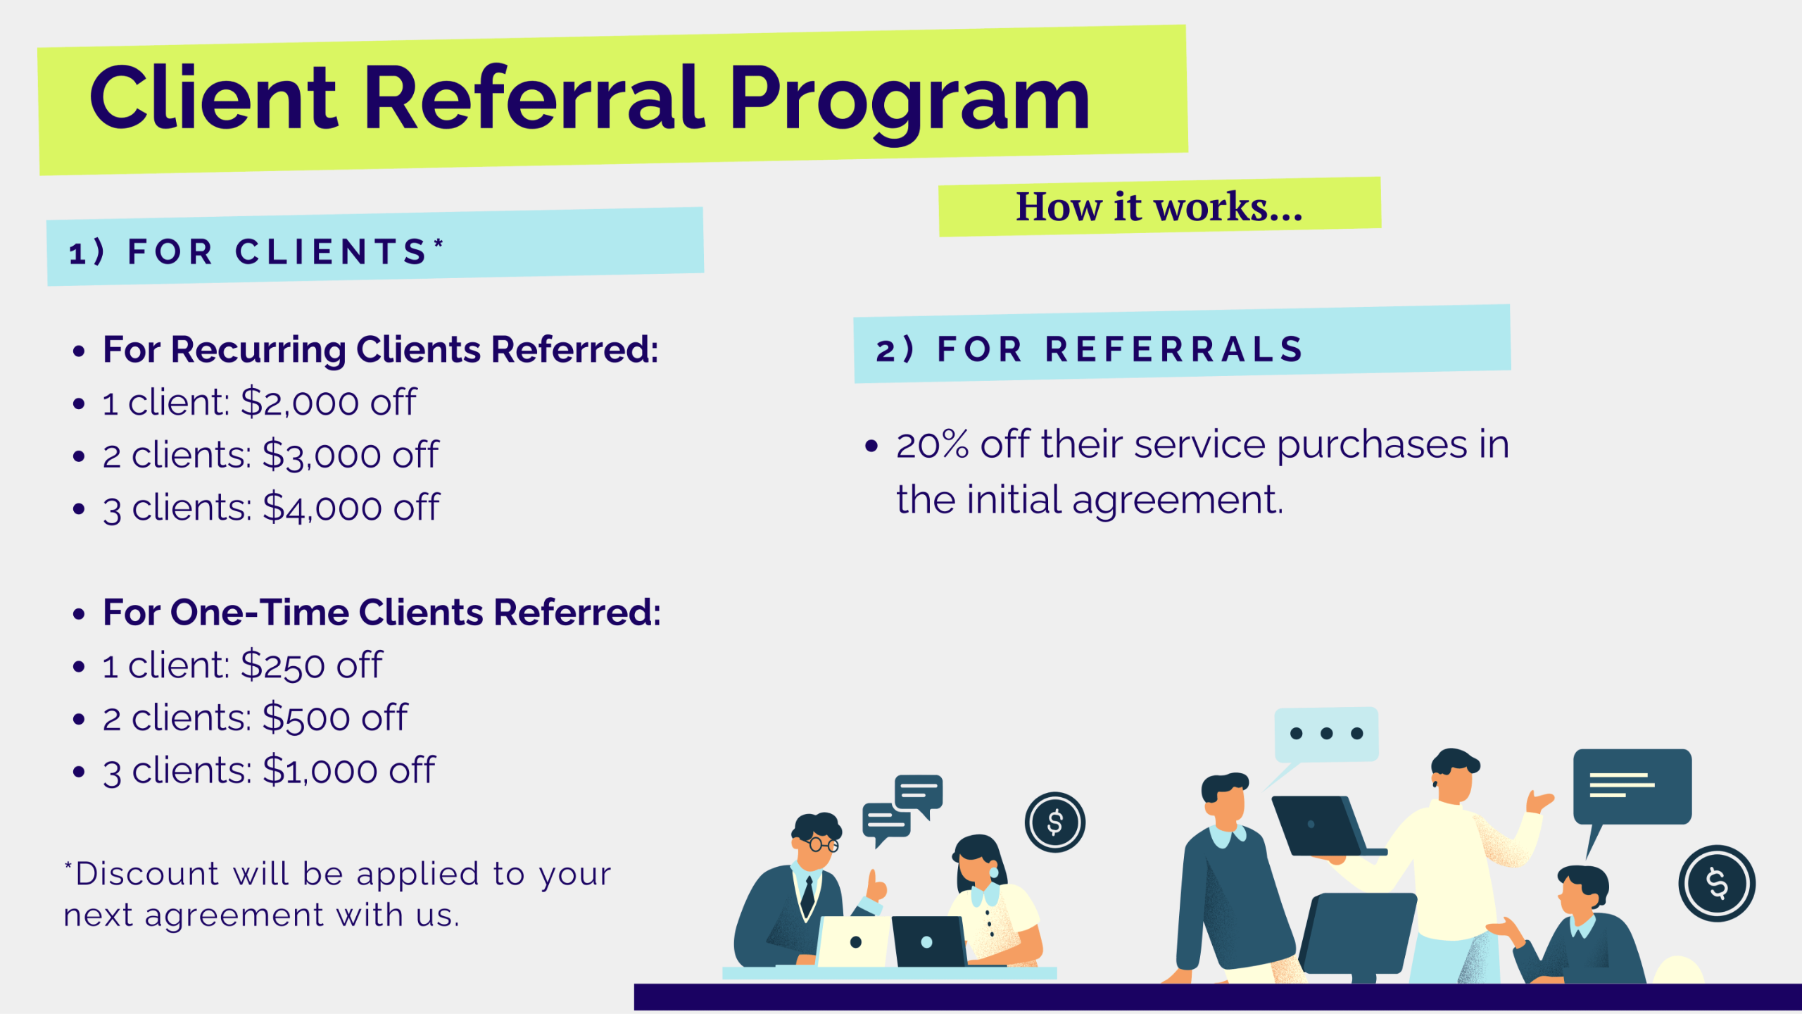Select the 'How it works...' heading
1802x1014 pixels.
(x=1159, y=207)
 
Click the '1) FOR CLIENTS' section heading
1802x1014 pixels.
(x=256, y=251)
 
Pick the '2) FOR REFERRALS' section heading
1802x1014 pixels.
(x=1090, y=349)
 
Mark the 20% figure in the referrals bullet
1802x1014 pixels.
(x=933, y=445)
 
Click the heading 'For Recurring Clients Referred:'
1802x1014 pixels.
(x=381, y=350)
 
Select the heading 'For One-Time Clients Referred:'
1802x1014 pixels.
(x=382, y=612)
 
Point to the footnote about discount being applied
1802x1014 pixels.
(x=338, y=894)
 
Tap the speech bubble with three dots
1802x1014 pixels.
(x=1325, y=734)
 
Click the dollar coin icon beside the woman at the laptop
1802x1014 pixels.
(x=1055, y=822)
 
